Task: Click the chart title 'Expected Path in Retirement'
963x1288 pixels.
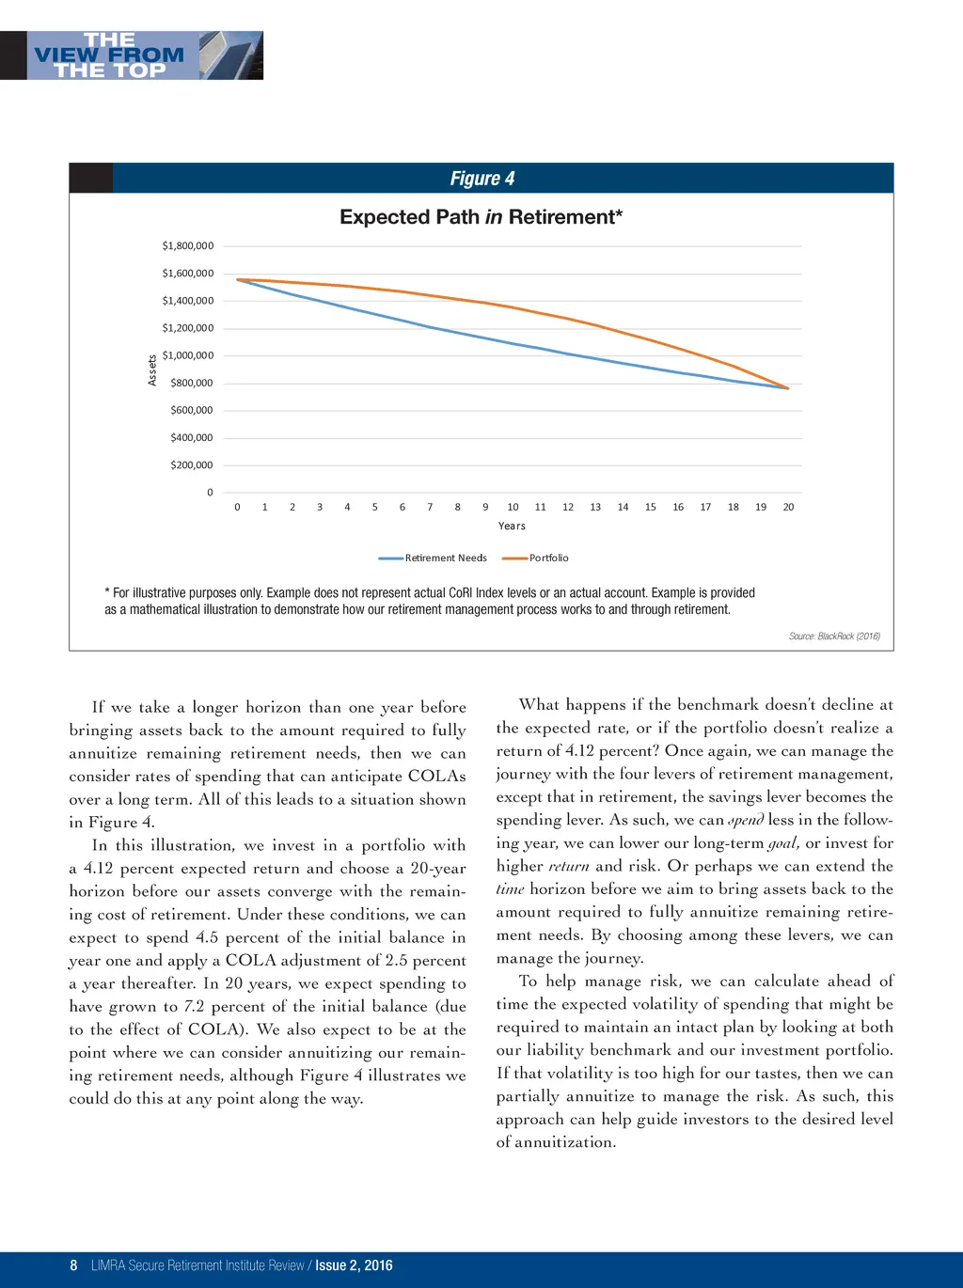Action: coord(481,217)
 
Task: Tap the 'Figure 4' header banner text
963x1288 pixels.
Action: coord(481,179)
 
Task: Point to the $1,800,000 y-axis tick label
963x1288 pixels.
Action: coord(187,245)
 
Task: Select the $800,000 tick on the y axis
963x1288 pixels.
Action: coord(191,383)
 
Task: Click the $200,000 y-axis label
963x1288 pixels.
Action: coord(191,464)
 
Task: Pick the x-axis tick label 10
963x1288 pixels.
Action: coord(513,507)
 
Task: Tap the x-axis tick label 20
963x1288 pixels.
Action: coord(788,507)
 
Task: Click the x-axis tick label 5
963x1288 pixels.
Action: coord(374,507)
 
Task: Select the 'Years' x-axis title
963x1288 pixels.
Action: coord(512,526)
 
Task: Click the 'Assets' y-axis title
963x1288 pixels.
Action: coord(152,369)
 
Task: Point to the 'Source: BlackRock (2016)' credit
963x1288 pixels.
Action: coord(834,636)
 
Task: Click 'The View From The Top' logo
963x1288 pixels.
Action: coord(132,55)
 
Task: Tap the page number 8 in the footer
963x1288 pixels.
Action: coord(73,1265)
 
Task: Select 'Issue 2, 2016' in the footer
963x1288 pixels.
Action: coord(354,1265)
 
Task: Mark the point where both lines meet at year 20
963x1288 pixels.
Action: coord(788,388)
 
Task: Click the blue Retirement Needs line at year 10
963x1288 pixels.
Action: coord(513,344)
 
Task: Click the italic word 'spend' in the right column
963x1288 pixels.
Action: coord(746,820)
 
